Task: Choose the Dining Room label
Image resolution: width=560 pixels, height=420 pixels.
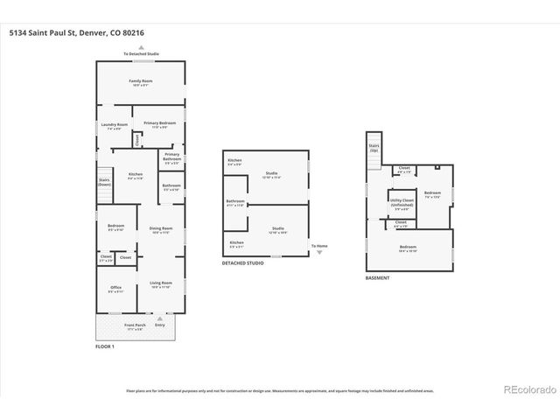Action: (160, 230)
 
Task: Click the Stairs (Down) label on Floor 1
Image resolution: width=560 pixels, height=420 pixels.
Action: (104, 183)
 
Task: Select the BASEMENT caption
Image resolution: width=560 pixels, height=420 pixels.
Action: (378, 278)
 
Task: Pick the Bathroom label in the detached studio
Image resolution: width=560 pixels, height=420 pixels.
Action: (235, 203)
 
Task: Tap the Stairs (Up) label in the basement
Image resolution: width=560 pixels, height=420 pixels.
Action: (374, 148)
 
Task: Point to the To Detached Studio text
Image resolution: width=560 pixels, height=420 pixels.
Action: (141, 54)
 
